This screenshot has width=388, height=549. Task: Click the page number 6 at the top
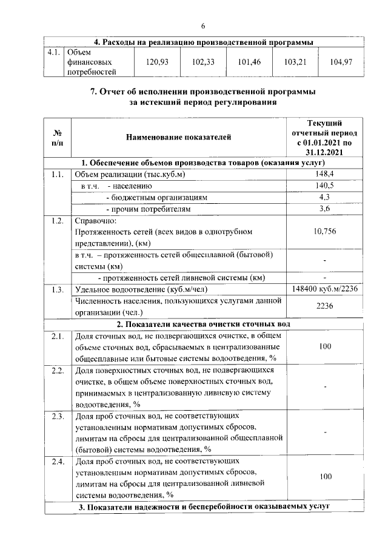point(203,25)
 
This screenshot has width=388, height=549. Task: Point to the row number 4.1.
point(55,52)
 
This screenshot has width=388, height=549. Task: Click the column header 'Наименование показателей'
point(178,138)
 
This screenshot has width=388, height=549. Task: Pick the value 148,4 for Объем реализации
point(325,175)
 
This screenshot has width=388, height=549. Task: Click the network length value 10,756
point(325,231)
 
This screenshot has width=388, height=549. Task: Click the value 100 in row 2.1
point(326,346)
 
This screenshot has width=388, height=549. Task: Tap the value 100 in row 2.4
point(326,477)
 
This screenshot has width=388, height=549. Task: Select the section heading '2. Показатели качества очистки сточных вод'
point(203,324)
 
